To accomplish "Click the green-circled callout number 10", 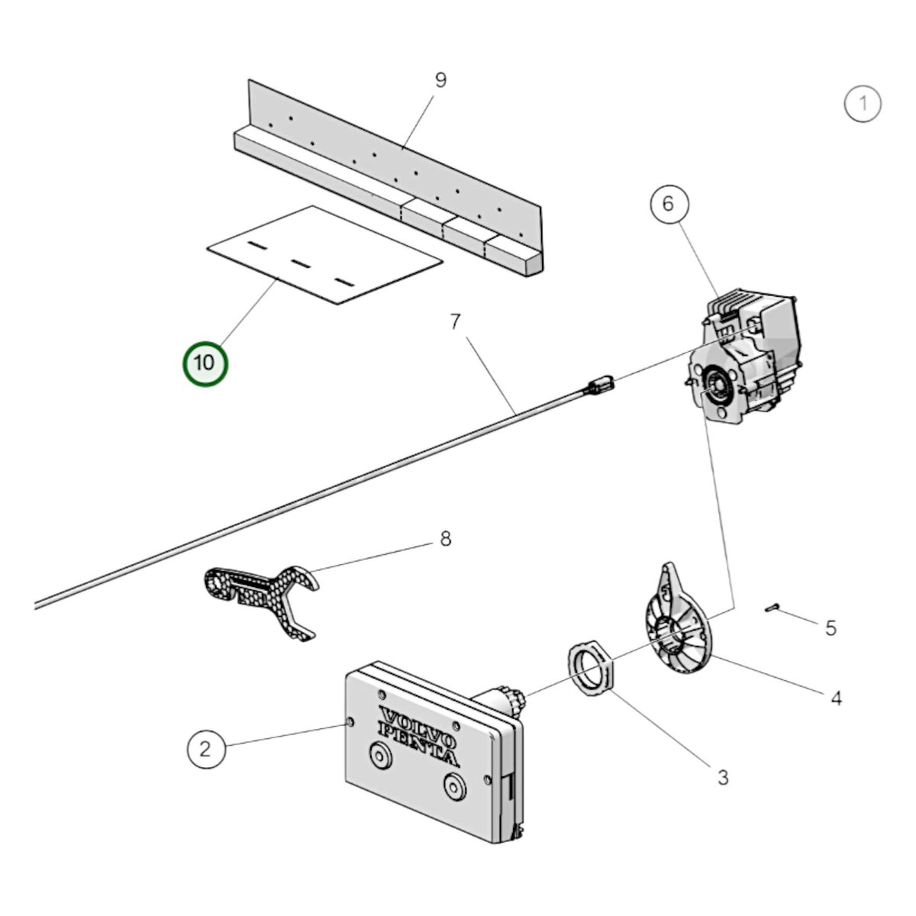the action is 205,363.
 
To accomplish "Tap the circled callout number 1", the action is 863,104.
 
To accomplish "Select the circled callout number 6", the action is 669,204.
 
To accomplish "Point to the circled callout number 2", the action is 206,749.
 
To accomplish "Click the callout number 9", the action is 440,80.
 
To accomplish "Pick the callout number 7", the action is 455,322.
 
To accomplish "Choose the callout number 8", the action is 445,539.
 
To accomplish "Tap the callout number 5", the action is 831,628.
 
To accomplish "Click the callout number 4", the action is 836,698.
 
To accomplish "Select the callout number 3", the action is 723,778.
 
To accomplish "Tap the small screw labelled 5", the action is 772,608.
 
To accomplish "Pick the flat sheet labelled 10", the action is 324,255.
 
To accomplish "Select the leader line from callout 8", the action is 373,556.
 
